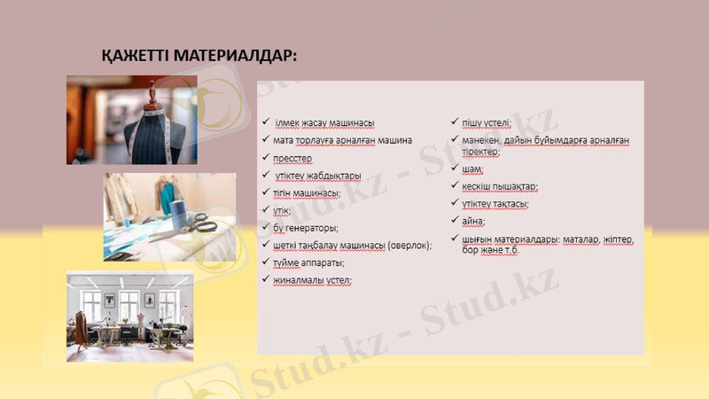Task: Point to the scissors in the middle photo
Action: click(203, 222)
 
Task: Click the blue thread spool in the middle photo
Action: click(176, 214)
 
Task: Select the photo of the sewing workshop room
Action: click(130, 317)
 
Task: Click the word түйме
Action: click(289, 262)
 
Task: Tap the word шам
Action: click(471, 169)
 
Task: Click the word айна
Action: click(473, 221)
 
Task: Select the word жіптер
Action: click(612, 239)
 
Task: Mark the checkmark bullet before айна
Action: click(454, 220)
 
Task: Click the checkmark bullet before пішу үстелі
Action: click(454, 122)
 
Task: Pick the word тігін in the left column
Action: click(287, 192)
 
